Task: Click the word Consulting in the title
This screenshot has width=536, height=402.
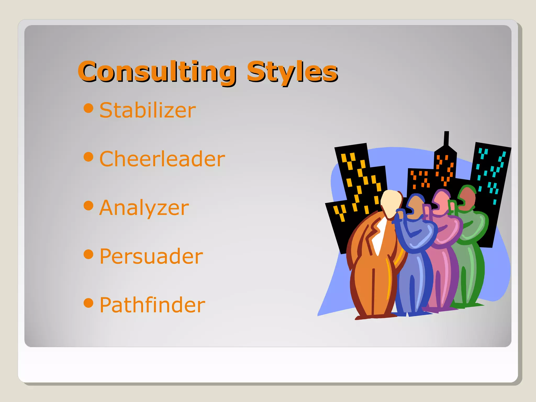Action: pyautogui.click(x=157, y=71)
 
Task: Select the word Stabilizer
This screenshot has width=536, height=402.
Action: pyautogui.click(x=148, y=110)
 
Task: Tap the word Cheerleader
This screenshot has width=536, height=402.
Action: pyautogui.click(x=162, y=159)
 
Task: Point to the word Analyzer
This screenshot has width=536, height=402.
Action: pyautogui.click(x=144, y=208)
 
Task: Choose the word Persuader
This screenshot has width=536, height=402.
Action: pyautogui.click(x=151, y=256)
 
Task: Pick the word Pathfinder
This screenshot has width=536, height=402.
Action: pyautogui.click(x=152, y=305)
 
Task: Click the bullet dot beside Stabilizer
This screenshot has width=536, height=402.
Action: pyautogui.click(x=88, y=108)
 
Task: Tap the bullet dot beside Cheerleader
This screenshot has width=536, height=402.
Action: pyautogui.click(x=88, y=157)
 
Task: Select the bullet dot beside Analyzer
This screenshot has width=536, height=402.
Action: pyautogui.click(x=88, y=205)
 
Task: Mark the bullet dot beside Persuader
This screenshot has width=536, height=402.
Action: pyautogui.click(x=88, y=254)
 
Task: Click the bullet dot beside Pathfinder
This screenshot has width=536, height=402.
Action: pyautogui.click(x=88, y=303)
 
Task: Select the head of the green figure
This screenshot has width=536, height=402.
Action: pyautogui.click(x=467, y=198)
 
